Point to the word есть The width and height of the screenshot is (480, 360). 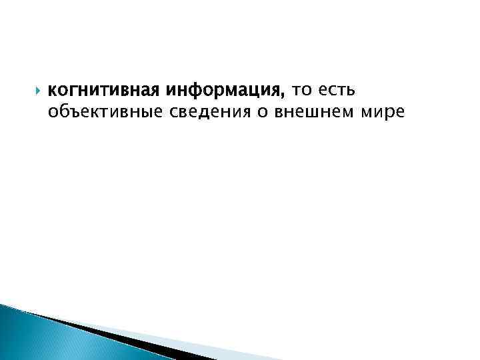tap(340, 89)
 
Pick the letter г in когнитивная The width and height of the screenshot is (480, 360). tap(72, 90)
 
